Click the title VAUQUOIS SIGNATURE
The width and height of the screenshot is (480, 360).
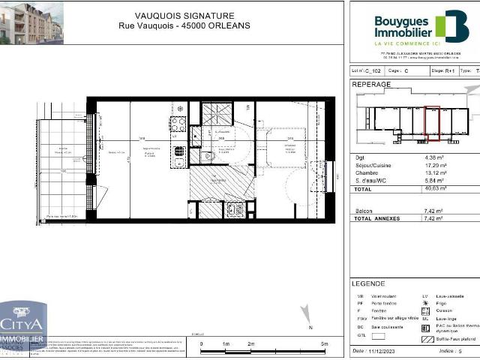[184, 15]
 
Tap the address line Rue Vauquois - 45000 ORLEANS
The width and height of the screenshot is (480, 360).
[184, 25]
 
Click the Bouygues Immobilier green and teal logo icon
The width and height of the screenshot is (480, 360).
[451, 26]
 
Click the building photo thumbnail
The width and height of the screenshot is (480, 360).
[31, 22]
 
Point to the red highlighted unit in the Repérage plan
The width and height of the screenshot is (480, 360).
[432, 123]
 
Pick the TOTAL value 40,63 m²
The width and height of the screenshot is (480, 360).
[436, 190]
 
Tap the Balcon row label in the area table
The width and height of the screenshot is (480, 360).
[363, 211]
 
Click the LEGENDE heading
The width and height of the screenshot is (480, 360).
[368, 284]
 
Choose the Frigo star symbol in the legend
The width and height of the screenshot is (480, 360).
[425, 304]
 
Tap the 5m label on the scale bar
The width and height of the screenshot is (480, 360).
[324, 343]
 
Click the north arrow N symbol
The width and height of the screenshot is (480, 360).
[310, 326]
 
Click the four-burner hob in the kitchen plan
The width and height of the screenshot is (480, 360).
[178, 124]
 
